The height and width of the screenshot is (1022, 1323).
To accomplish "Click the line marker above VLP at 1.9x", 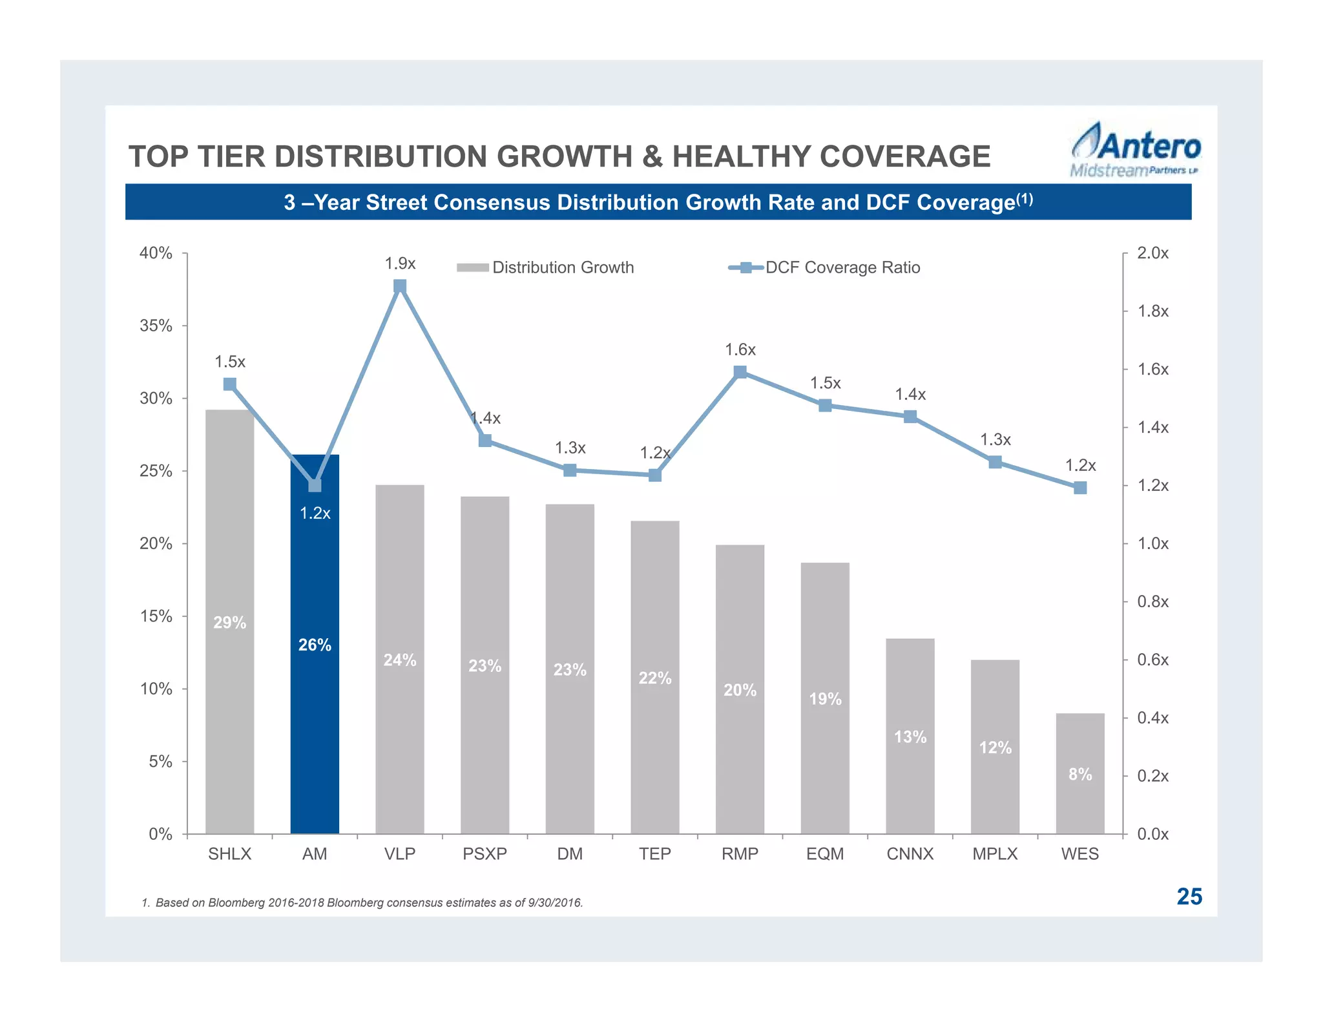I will [x=400, y=286].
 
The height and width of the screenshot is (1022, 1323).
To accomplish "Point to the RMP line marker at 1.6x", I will [x=740, y=372].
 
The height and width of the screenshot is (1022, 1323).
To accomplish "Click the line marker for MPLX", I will [x=995, y=462].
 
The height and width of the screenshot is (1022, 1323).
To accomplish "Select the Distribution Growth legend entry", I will [x=546, y=267].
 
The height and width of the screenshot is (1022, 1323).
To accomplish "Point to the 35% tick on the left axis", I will [x=156, y=326].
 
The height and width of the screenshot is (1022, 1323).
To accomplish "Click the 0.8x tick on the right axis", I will [x=1153, y=601].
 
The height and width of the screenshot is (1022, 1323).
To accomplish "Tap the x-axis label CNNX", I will [x=910, y=854].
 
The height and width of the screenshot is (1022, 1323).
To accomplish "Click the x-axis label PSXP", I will [x=484, y=854].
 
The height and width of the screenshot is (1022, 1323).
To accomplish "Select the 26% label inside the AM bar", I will [x=315, y=645].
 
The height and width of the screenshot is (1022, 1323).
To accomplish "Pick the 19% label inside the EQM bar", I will [x=825, y=699].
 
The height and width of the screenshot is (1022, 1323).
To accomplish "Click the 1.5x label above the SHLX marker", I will [x=230, y=362].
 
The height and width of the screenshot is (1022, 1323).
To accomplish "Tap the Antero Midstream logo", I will [x=1136, y=150].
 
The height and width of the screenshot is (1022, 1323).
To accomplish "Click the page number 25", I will [x=1189, y=897].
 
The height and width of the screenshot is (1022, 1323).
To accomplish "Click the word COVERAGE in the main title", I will [x=904, y=156].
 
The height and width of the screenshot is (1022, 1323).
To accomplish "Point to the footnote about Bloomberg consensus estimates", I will [x=362, y=902].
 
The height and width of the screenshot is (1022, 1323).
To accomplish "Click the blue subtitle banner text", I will [x=658, y=202].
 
